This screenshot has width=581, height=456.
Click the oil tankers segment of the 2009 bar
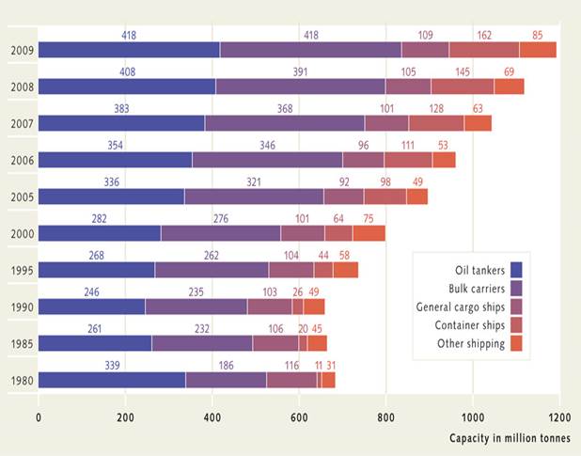(x=129, y=50)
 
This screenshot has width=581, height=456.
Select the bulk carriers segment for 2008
(x=300, y=86)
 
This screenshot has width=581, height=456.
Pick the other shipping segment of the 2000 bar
(x=369, y=233)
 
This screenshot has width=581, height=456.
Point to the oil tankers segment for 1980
(x=112, y=380)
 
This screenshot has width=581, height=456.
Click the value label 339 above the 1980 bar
(x=112, y=364)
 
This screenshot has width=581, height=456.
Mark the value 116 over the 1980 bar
(x=291, y=364)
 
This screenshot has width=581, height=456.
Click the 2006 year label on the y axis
(x=19, y=161)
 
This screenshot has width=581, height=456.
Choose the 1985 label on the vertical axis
(x=19, y=344)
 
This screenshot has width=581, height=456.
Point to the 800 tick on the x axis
(x=385, y=417)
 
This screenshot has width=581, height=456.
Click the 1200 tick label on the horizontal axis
(x=558, y=417)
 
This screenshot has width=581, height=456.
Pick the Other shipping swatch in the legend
(x=515, y=343)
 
